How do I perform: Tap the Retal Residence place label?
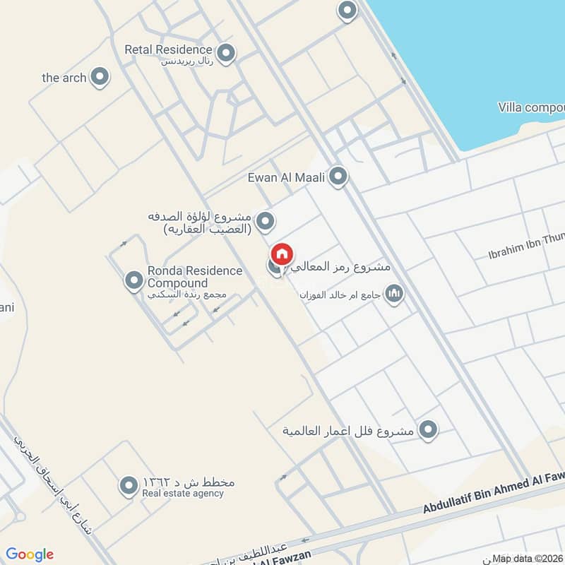click(x=168, y=49)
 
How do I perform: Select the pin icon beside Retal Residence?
click(x=226, y=53)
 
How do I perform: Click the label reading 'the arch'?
click(x=64, y=78)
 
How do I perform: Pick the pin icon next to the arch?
click(x=100, y=77)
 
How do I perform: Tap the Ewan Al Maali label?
click(x=285, y=177)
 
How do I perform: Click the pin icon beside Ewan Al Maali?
click(x=338, y=177)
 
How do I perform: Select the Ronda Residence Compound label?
click(x=194, y=277)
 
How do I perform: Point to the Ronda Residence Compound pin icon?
click(x=133, y=281)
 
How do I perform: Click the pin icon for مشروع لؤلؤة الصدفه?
click(x=265, y=222)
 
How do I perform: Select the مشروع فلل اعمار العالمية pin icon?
click(x=427, y=429)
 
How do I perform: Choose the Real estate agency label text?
click(x=183, y=494)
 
